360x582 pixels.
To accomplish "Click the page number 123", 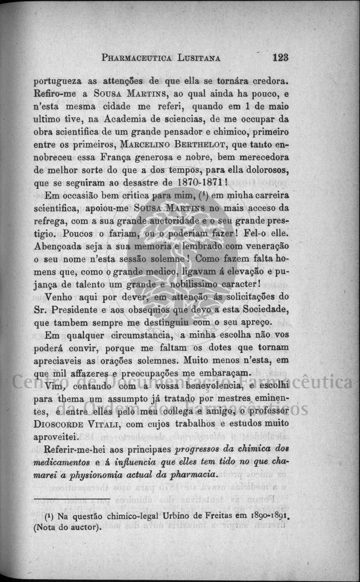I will click(x=280, y=58).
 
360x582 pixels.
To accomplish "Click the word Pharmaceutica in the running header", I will click(x=137, y=58).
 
